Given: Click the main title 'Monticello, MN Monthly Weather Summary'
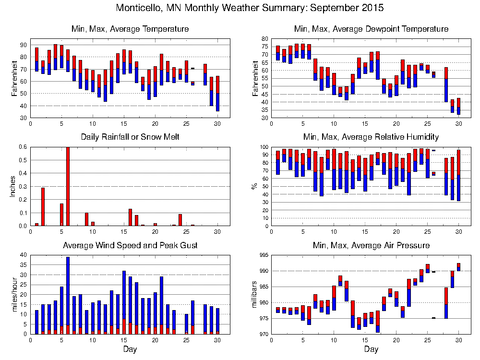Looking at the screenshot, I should pyautogui.click(x=250, y=8).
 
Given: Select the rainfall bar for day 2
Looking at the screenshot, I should pyautogui.click(x=43, y=206).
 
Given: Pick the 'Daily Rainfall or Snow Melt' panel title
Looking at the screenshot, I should pyautogui.click(x=130, y=137).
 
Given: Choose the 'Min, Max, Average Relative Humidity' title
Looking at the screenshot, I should pyautogui.click(x=371, y=137).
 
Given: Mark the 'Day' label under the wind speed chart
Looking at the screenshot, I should pyautogui.click(x=130, y=349).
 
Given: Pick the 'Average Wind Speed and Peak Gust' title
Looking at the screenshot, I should pyautogui.click(x=130, y=246).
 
